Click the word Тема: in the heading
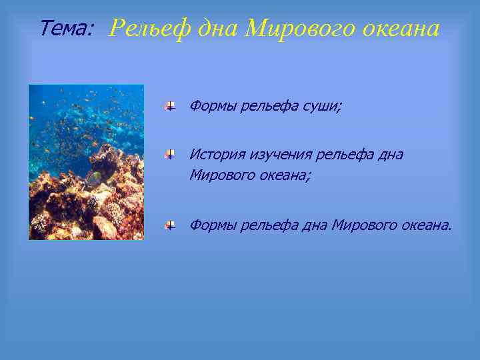[67, 29]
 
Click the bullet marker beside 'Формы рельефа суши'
[171, 106]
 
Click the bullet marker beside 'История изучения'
[171, 155]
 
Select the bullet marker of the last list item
[171, 225]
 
